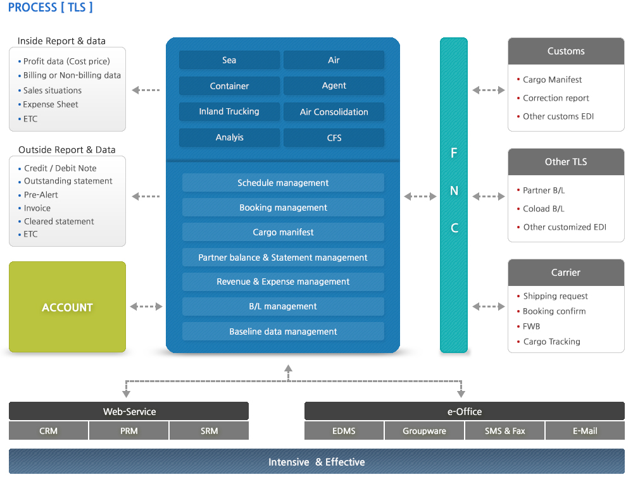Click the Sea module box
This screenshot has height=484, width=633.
[229, 60]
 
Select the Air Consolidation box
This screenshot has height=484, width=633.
[334, 112]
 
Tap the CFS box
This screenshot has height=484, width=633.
[334, 137]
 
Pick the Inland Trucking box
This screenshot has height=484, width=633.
[229, 112]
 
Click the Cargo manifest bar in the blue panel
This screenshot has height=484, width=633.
[283, 232]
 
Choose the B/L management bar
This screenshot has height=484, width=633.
[283, 306]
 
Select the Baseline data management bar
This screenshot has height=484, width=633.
[283, 331]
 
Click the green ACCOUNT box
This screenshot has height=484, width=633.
[68, 307]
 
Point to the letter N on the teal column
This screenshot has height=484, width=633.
[454, 190]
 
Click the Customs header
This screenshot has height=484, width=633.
[566, 51]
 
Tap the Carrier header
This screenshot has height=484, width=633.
[566, 273]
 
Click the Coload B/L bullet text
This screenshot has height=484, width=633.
[543, 209]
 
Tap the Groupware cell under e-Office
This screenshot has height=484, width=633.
[424, 431]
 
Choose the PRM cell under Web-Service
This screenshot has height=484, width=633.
[128, 431]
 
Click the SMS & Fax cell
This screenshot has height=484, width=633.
[505, 431]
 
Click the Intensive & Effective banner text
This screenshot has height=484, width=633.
[316, 462]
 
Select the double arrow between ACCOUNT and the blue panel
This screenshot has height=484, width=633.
[146, 306]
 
